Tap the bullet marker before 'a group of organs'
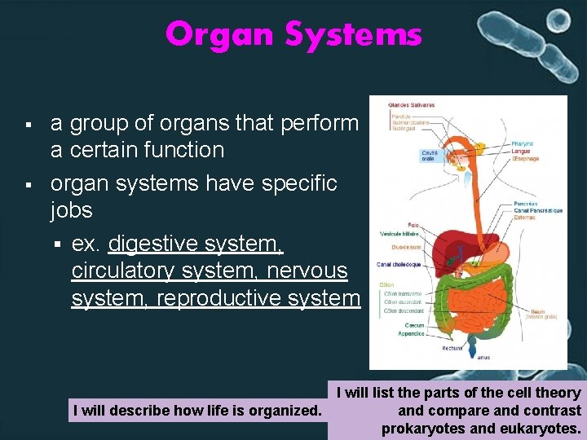click(x=28, y=125)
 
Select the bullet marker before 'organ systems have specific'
click(x=28, y=185)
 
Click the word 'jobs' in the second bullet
click(x=72, y=210)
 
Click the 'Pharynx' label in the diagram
click(x=523, y=143)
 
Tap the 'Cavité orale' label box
click(x=430, y=155)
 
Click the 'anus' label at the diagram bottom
click(x=483, y=357)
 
